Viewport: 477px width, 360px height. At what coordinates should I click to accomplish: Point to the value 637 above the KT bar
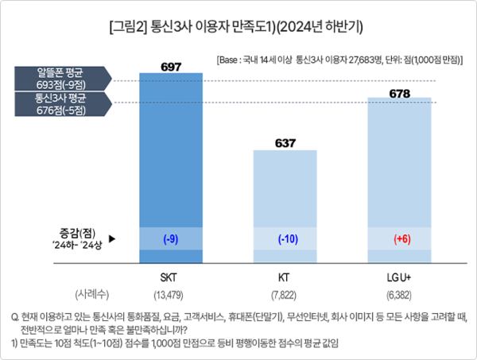click(285, 143)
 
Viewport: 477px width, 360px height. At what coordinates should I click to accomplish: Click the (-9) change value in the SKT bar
click(171, 238)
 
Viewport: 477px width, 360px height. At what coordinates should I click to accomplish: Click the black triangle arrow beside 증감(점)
click(112, 238)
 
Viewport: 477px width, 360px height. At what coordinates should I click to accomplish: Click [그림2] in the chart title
click(127, 27)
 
